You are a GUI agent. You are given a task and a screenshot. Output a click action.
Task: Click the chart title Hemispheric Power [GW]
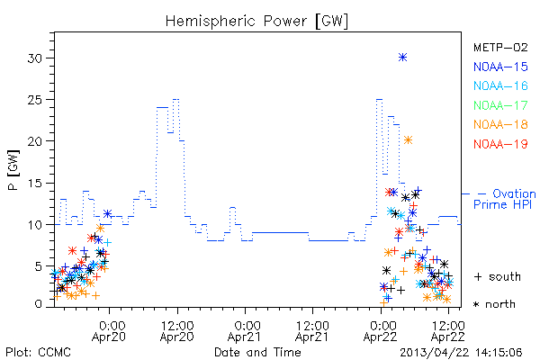[x=256, y=22]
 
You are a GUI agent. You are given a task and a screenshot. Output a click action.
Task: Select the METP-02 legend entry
[x=500, y=48]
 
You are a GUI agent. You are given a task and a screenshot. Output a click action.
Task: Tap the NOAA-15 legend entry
[x=500, y=67]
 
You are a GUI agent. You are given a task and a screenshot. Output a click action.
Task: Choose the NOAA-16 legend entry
[x=500, y=85]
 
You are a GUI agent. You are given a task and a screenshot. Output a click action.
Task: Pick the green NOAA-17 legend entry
[x=500, y=105]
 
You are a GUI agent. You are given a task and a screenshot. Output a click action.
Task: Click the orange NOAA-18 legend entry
[x=500, y=124]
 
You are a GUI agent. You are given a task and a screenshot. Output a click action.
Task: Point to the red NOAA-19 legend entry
[x=500, y=144]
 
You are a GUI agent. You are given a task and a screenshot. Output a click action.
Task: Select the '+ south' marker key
[x=498, y=276]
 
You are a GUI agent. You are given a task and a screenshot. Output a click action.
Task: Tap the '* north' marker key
[x=494, y=304]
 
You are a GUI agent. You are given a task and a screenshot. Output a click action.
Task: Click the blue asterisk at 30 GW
[x=402, y=58]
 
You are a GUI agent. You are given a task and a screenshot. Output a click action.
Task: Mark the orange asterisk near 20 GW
[x=408, y=139]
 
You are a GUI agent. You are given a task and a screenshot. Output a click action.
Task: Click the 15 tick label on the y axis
[x=35, y=183]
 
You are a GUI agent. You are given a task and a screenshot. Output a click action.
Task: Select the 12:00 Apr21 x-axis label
[x=312, y=331]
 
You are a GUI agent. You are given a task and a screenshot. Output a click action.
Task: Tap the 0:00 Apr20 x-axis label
[x=109, y=331]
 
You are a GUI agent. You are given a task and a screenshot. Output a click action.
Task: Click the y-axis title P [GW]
[x=14, y=170]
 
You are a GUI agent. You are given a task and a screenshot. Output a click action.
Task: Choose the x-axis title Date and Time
[x=257, y=352]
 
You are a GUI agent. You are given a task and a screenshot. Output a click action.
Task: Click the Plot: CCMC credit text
[x=38, y=353]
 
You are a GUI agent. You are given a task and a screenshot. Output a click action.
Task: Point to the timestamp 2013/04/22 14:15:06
[x=461, y=353]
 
